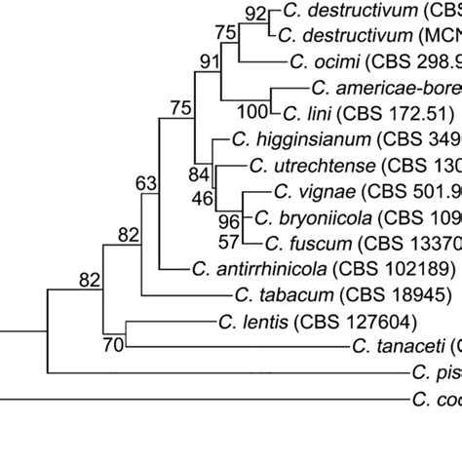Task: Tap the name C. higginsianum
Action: coord(283,139)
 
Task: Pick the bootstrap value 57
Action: coord(228,240)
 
